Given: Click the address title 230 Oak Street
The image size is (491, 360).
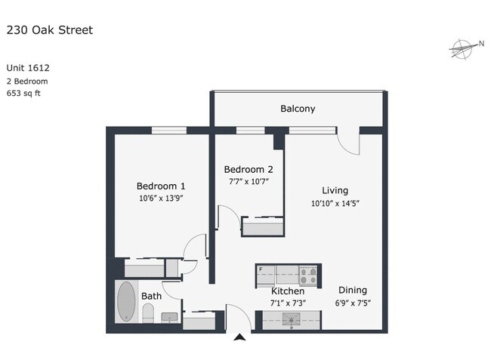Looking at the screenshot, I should coord(50,30).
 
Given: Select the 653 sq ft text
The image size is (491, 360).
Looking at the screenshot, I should coord(26,94).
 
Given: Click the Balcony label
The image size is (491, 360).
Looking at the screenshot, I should coord(298,109).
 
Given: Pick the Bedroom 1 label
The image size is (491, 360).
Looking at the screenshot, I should coord(161,186).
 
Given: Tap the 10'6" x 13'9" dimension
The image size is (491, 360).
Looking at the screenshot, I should coord(161,198).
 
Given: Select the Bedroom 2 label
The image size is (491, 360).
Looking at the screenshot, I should coord(249,169).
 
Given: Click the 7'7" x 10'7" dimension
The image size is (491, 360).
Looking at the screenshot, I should coord(249,181).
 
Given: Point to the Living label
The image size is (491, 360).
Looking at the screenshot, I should coord(335,190).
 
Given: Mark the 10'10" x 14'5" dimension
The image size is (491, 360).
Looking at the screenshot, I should coord(335,203).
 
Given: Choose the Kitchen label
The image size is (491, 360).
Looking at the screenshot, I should coord(288,291).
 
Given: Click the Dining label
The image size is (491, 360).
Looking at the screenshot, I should coord(353,290).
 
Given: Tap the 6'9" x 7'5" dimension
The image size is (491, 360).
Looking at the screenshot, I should coord(353,303).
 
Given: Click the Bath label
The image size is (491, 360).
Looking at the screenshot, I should coord(151,297).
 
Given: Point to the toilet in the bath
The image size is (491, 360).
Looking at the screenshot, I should coord(148,314).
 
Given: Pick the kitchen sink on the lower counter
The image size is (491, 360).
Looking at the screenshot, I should coord(290,319).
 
